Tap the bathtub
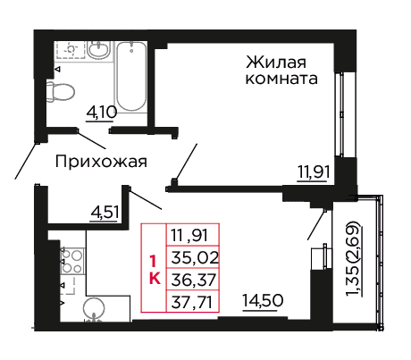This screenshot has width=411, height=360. pyautogui.click(x=131, y=77)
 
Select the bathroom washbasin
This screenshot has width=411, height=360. pyautogui.click(x=99, y=50)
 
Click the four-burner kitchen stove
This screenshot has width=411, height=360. pyautogui.click(x=71, y=261)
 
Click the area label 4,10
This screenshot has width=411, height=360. pyautogui.click(x=101, y=113)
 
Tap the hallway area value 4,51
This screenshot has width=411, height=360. pyautogui.click(x=105, y=213)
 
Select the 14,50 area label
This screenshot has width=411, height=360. pyautogui.click(x=263, y=301)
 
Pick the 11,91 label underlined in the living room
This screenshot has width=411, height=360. pyautogui.click(x=314, y=172)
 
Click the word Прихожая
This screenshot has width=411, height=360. pyautogui.click(x=101, y=162)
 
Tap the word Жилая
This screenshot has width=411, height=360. pyautogui.click(x=276, y=63)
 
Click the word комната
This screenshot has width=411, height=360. pyautogui.click(x=281, y=80)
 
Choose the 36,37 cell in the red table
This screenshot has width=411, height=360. pyautogui.click(x=194, y=280)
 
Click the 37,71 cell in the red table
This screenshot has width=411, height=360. pyautogui.click(x=192, y=302)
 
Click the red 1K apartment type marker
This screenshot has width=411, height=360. pyautogui.click(x=154, y=270)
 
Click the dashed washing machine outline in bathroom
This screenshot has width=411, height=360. pyautogui.click(x=70, y=49)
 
